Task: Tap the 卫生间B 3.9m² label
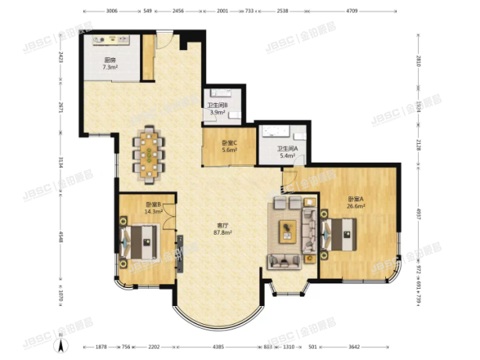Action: click(x=216, y=109)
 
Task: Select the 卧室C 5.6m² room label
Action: click(x=229, y=146)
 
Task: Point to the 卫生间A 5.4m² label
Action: click(x=286, y=153)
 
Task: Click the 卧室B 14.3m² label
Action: click(x=153, y=208)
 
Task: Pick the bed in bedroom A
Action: click(x=339, y=231)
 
